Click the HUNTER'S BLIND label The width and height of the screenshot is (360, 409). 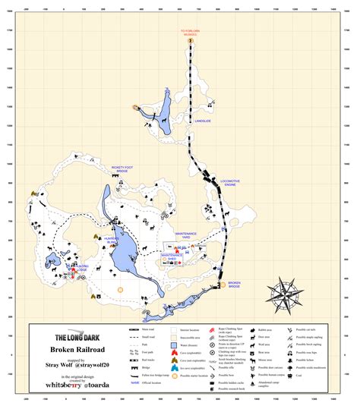(x=103, y=239)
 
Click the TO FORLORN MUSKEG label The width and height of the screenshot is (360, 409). (x=189, y=33)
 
